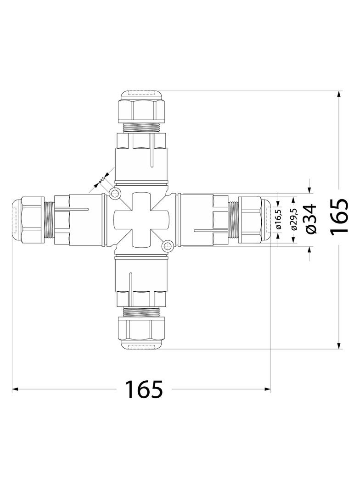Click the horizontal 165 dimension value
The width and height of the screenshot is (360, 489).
[144, 389]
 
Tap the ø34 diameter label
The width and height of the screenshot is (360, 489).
[311, 219]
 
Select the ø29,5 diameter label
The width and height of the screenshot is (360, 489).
[294, 220]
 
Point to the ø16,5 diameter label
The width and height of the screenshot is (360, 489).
[279, 220]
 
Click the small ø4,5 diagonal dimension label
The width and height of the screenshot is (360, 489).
[101, 180]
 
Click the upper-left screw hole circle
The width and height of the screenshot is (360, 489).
[115, 194]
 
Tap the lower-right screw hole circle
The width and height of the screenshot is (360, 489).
[168, 246]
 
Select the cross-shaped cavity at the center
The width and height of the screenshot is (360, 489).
[141, 220]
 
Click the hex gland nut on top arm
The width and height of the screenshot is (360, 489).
[141, 111]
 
